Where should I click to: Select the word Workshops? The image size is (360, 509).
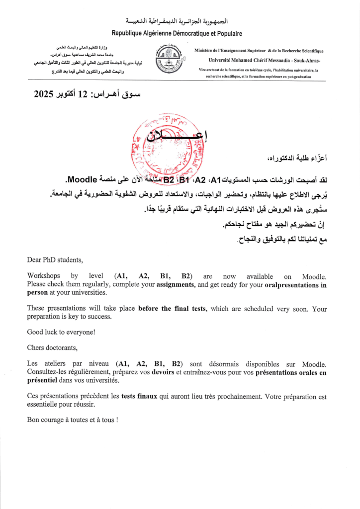[43, 276]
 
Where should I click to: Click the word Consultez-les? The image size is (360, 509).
[49, 372]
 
